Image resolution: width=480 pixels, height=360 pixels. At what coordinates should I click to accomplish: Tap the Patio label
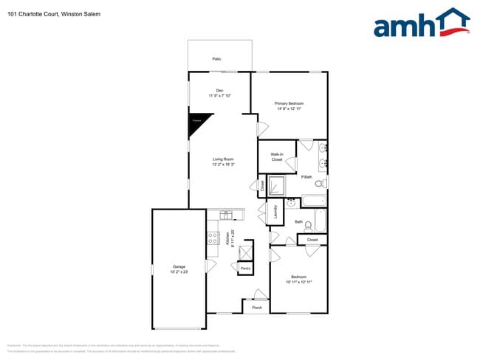click(216, 58)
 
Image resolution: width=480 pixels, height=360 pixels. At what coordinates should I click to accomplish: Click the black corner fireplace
click(197, 122)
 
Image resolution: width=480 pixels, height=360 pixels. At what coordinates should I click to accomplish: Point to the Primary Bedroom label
click(289, 103)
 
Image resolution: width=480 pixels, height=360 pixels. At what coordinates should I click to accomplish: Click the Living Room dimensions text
click(223, 165)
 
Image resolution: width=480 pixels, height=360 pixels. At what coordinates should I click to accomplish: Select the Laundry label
click(275, 213)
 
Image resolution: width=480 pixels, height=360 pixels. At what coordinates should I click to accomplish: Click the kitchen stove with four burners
click(213, 238)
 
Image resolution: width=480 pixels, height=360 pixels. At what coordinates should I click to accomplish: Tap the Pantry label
click(245, 268)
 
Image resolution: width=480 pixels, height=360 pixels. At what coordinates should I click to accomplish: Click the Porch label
click(257, 307)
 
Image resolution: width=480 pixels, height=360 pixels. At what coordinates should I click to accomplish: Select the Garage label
click(179, 266)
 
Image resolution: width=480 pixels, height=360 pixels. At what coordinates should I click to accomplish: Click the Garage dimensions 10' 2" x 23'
click(179, 272)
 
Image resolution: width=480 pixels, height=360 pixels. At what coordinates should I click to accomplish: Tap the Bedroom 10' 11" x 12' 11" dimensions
click(298, 282)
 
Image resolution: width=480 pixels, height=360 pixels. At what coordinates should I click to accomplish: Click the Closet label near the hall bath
click(312, 240)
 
